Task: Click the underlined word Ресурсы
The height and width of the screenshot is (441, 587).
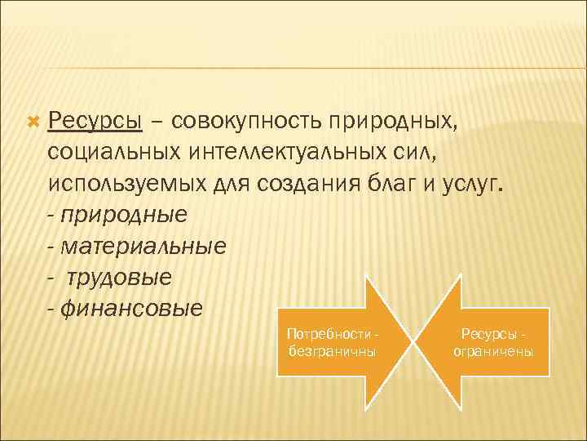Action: click(95, 122)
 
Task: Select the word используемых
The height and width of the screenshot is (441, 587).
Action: click(126, 185)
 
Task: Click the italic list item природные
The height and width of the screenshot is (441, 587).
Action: click(123, 216)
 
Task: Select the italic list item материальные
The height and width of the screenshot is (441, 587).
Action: click(143, 247)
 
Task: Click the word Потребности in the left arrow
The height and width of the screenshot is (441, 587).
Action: click(330, 335)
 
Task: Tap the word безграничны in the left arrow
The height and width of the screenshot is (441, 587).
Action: click(332, 351)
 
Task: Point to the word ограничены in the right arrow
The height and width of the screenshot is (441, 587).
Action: click(493, 351)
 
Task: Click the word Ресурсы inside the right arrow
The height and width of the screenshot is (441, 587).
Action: click(490, 335)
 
